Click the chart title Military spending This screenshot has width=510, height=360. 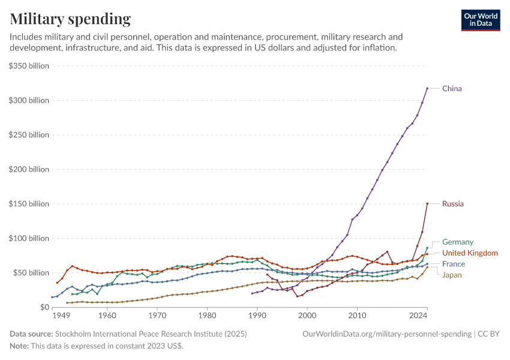point(70,19)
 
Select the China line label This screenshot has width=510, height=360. point(452,89)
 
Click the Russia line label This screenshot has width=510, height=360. point(453,204)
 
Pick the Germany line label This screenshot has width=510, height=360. point(458,242)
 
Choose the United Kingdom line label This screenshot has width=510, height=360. point(470,253)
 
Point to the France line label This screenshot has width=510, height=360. point(454,264)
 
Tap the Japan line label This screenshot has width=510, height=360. point(452,275)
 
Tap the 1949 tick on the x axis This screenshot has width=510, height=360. point(61,315)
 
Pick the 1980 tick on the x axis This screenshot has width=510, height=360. point(207,315)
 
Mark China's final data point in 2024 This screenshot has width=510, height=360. point(427,88)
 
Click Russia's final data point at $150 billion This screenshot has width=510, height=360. point(427,203)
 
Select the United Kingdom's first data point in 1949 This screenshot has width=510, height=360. point(57,283)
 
